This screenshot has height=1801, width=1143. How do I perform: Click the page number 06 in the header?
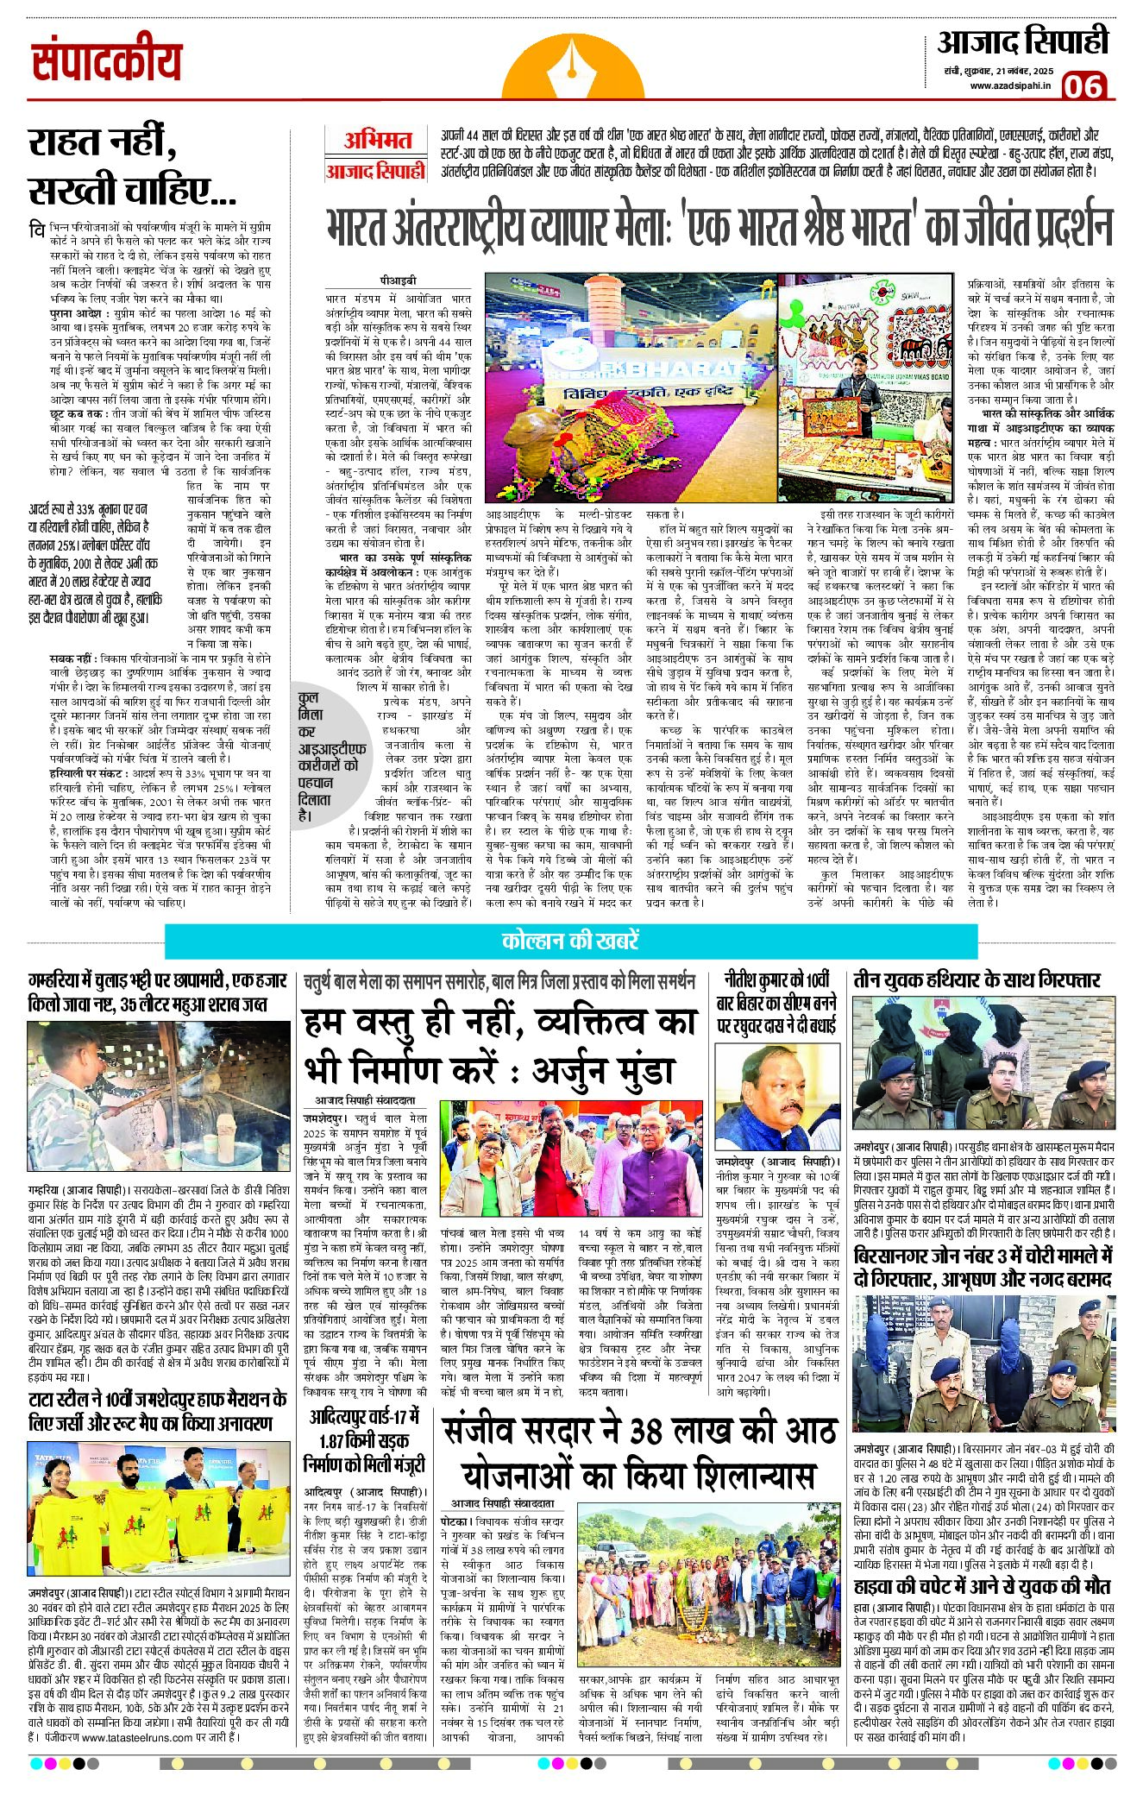1083,86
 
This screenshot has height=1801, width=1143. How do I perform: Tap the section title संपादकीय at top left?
107,62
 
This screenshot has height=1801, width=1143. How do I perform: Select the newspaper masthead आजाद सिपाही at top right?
1022,42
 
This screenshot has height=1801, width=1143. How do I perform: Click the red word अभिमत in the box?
377,141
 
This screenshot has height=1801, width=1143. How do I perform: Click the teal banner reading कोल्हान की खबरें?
570,941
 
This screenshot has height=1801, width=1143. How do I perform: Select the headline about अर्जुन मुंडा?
499,1046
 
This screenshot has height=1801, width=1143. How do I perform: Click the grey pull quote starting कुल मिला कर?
326,769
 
